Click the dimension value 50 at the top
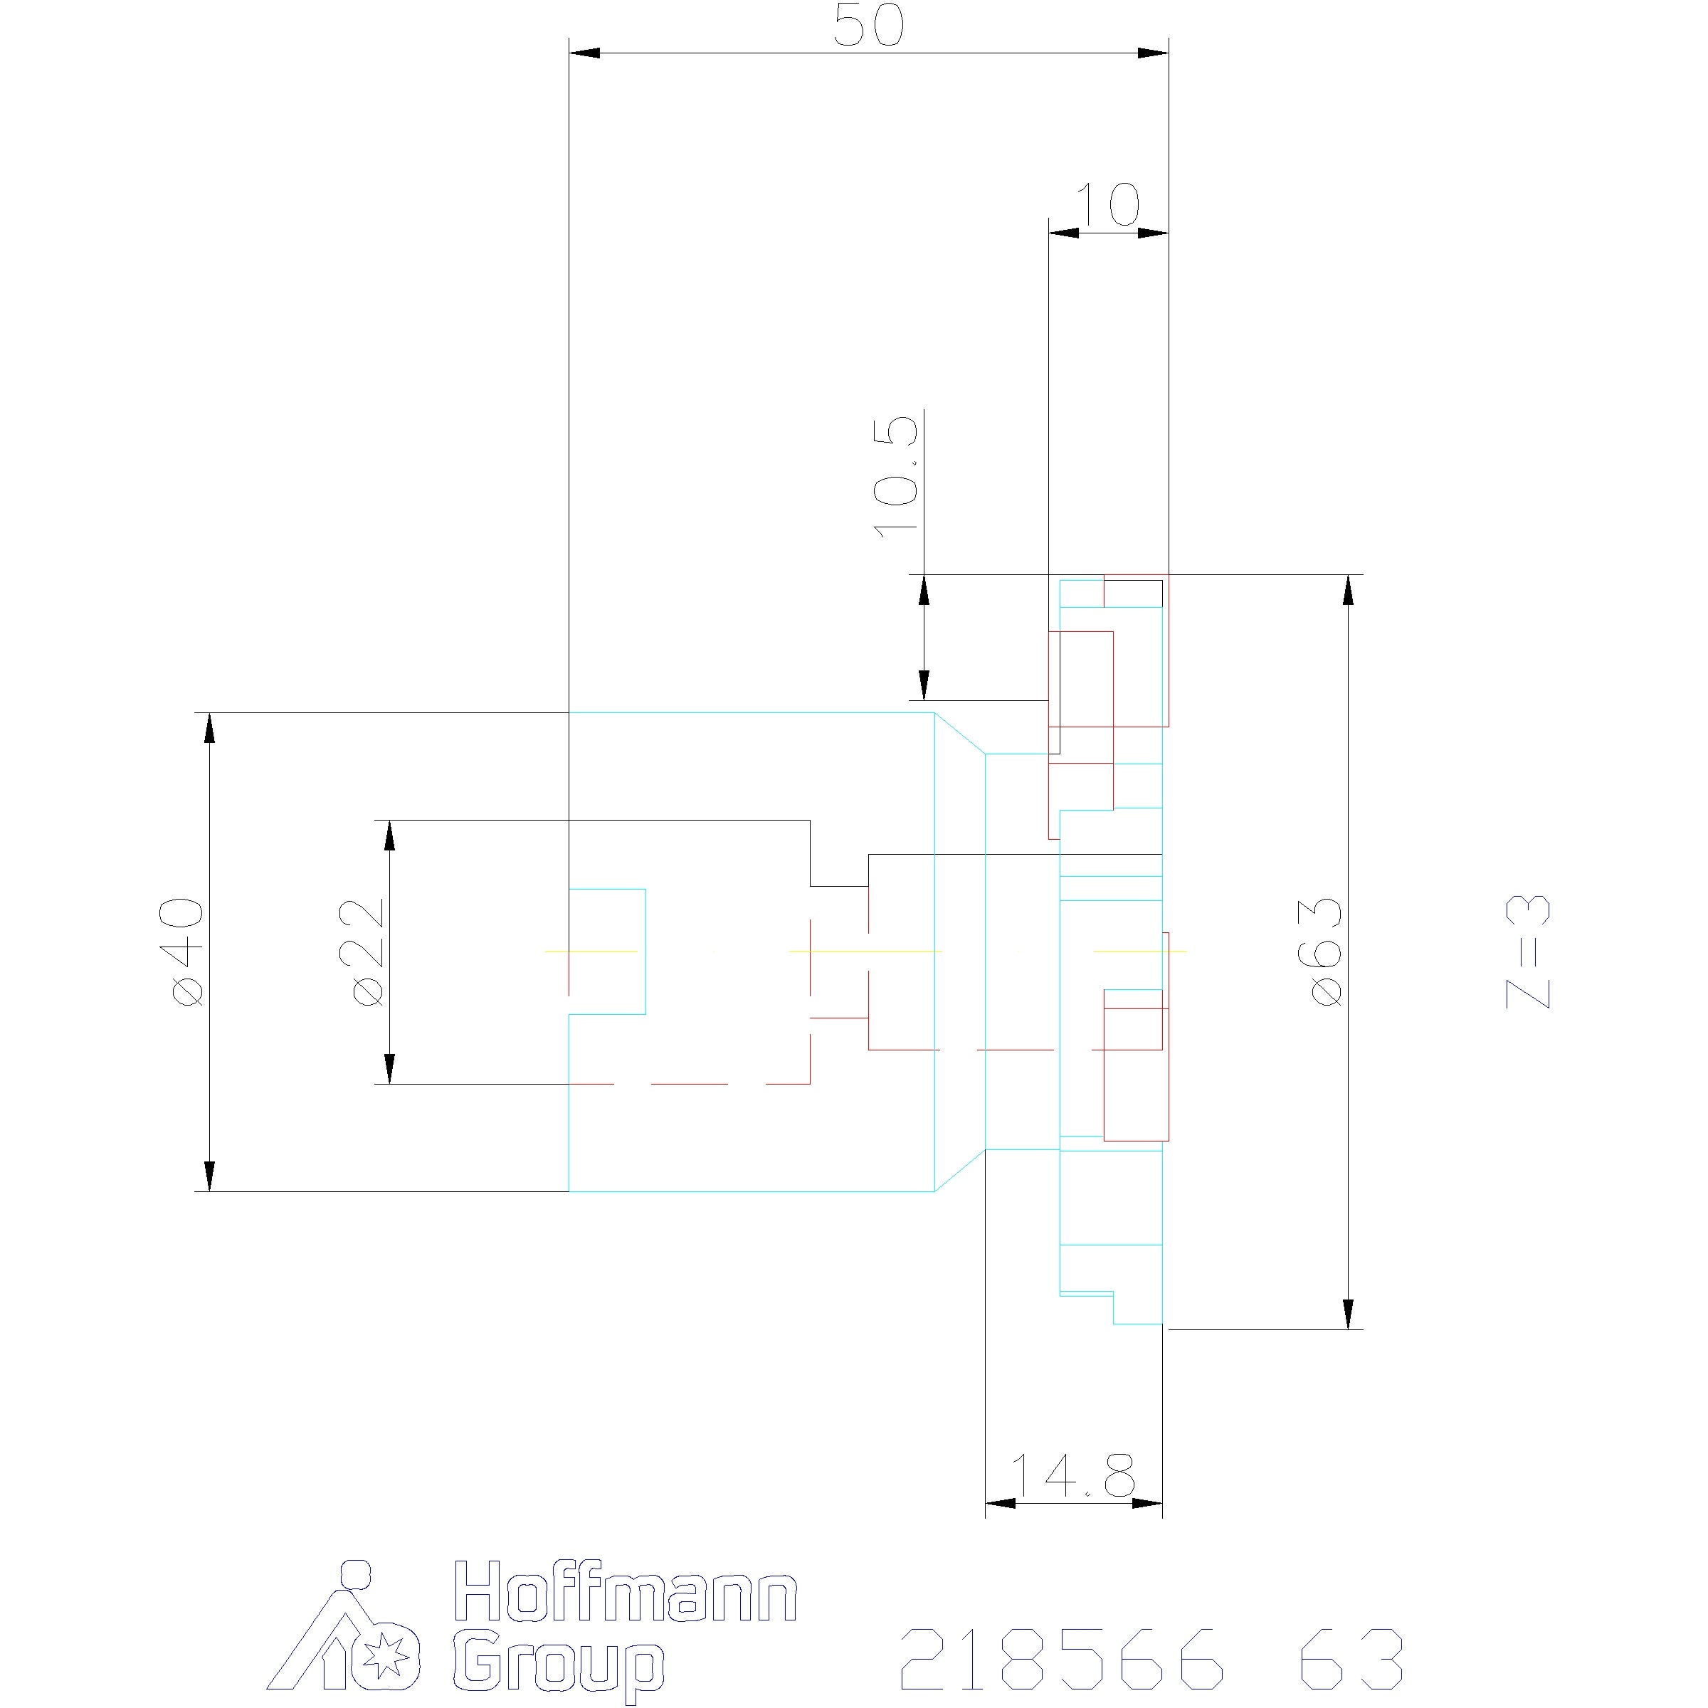[x=869, y=26]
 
